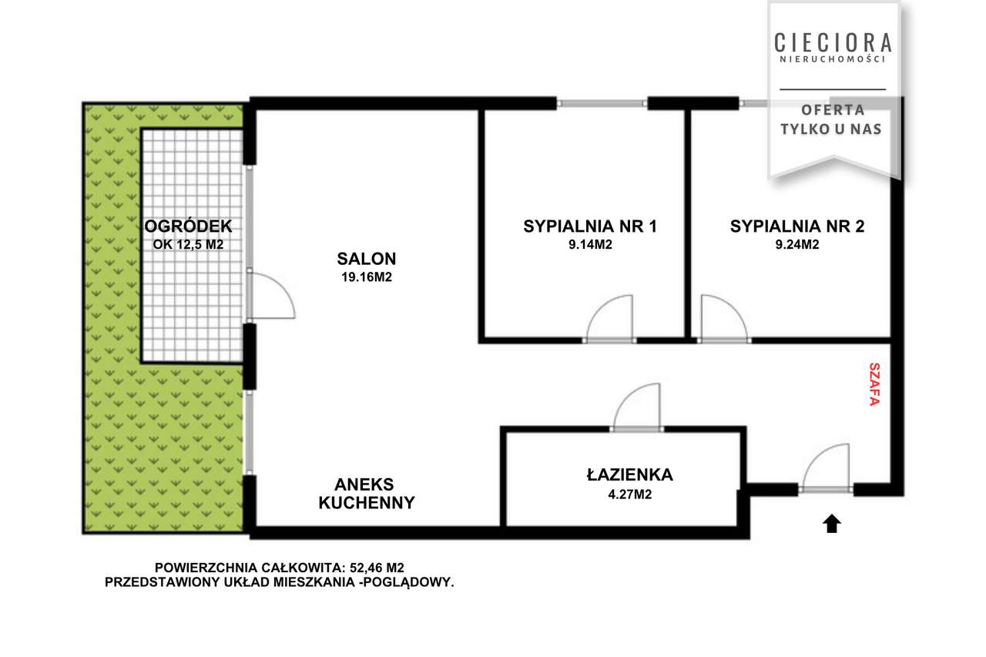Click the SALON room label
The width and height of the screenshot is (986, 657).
(x=366, y=259)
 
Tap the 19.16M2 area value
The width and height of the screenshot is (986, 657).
(x=366, y=277)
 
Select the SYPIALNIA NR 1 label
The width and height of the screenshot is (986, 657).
(x=590, y=226)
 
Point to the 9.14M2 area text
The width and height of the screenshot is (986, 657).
(x=590, y=245)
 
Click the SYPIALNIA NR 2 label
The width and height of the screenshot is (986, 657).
(x=797, y=226)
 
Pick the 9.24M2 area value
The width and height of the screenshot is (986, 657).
(x=797, y=245)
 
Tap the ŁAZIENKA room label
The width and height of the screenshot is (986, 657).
(x=630, y=474)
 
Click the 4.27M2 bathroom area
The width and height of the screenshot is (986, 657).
(x=630, y=494)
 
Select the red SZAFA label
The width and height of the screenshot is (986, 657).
(x=874, y=384)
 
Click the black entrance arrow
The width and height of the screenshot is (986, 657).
(x=832, y=524)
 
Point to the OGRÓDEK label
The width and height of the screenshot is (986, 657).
(x=188, y=226)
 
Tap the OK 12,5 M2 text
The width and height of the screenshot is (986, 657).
(x=188, y=245)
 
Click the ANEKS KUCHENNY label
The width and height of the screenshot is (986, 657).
(x=366, y=494)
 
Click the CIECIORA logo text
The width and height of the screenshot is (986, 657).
(x=833, y=42)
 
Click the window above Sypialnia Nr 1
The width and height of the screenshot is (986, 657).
(x=602, y=104)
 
